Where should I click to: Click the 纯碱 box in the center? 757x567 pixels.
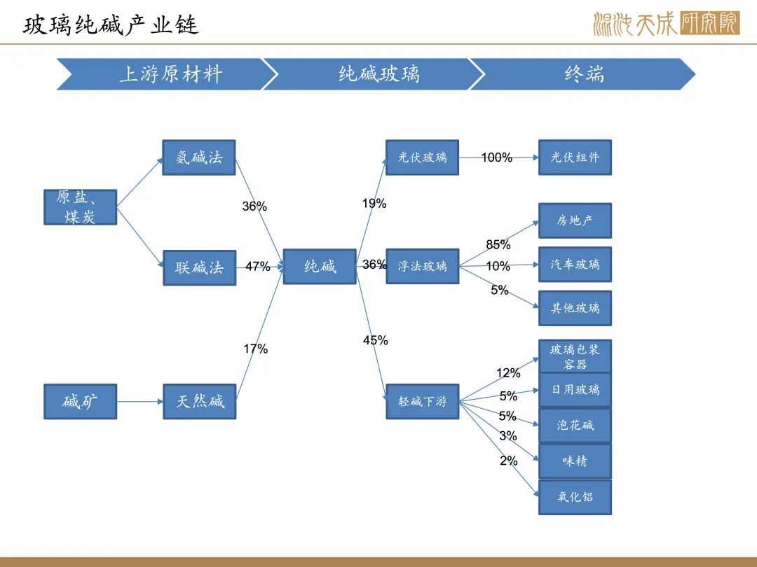pos(320,267)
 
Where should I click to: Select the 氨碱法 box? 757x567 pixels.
pos(199,157)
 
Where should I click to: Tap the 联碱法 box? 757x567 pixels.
pos(199,267)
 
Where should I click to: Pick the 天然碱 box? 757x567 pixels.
pos(199,402)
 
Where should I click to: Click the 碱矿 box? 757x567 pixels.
pos(80,402)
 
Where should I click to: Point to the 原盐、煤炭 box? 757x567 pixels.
pos(80,207)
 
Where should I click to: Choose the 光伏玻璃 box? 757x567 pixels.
pos(423,157)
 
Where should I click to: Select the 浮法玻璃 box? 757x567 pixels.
pos(423,266)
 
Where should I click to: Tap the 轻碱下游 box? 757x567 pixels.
pos(423,402)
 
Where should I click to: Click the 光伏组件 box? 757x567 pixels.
pos(575,157)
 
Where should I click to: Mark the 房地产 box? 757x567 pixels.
pos(575,220)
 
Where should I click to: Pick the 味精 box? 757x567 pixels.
pos(575,461)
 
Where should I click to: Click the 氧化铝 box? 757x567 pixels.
pos(575,497)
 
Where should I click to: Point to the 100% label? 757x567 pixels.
pos(497,157)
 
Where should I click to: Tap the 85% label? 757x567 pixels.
pos(498,245)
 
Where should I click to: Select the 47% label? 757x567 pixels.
pos(258,267)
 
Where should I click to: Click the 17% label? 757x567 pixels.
pos(255,349)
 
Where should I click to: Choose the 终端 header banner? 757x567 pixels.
pos(583,74)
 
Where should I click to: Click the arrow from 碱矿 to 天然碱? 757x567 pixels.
pos(139,402)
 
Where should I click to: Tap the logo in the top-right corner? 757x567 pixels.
pos(667,23)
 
